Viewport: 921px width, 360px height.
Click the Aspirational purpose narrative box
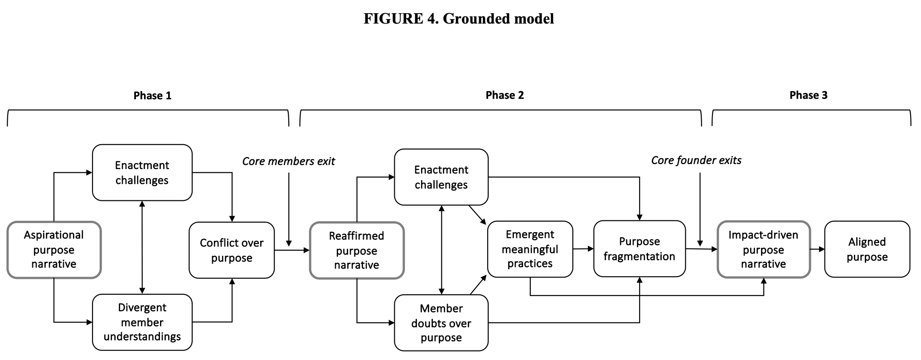54,249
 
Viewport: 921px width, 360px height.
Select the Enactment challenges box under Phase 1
142,172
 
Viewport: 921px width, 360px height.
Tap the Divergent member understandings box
142,322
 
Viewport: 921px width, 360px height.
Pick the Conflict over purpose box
231,250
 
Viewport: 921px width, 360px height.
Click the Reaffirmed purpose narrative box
356,250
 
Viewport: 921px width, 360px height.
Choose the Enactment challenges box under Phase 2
441,177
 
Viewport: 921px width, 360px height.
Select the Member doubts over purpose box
441,323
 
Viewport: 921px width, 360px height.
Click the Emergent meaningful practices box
530,249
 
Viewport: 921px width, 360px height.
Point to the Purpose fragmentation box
639,248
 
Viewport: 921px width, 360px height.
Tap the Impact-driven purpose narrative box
763,249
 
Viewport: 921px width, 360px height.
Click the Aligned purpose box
867,249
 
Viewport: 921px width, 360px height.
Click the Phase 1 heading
152,96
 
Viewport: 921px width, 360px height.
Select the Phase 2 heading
504,95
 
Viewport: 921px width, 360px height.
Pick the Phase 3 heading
808,95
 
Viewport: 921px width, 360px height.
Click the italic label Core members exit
288,161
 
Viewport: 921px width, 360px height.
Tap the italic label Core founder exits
696,161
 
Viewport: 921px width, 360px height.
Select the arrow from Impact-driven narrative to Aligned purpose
817,249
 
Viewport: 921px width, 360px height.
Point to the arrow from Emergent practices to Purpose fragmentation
583,248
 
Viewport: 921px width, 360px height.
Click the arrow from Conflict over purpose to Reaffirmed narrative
292,250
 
